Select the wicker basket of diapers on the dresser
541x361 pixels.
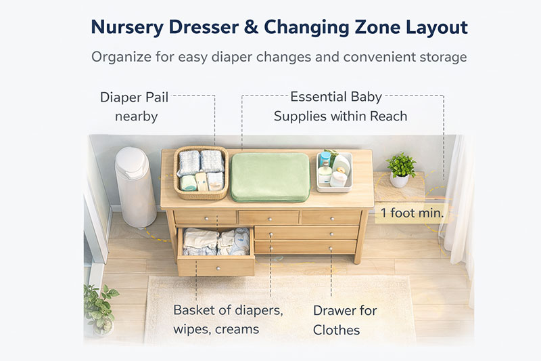201,172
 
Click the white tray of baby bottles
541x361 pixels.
334,173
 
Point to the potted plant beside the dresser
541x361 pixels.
400,169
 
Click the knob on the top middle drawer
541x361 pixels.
269,217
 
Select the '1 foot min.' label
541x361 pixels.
412,213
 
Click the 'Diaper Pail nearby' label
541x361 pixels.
135,106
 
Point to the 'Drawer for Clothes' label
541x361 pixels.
344,320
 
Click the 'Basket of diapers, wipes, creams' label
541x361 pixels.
227,320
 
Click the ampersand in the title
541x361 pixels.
246,28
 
